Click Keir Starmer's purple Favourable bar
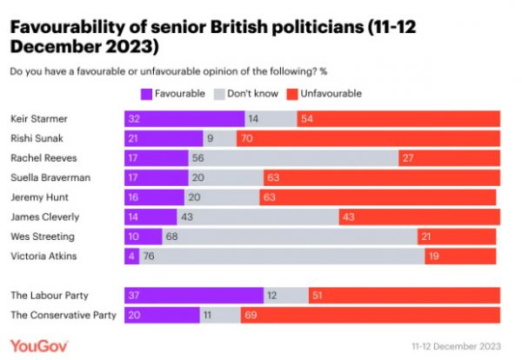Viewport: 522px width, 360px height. coord(184,118)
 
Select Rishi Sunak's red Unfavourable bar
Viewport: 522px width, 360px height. coord(368,138)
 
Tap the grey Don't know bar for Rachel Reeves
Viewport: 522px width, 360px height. coord(294,158)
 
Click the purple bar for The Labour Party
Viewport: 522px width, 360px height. coord(194,296)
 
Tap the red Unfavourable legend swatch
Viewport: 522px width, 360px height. coord(298,93)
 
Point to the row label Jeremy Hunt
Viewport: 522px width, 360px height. coord(37,197)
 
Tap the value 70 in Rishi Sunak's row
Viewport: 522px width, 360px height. coord(247,138)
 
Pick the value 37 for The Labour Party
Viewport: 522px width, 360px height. coord(135,296)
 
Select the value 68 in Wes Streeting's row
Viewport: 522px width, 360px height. coord(175,237)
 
